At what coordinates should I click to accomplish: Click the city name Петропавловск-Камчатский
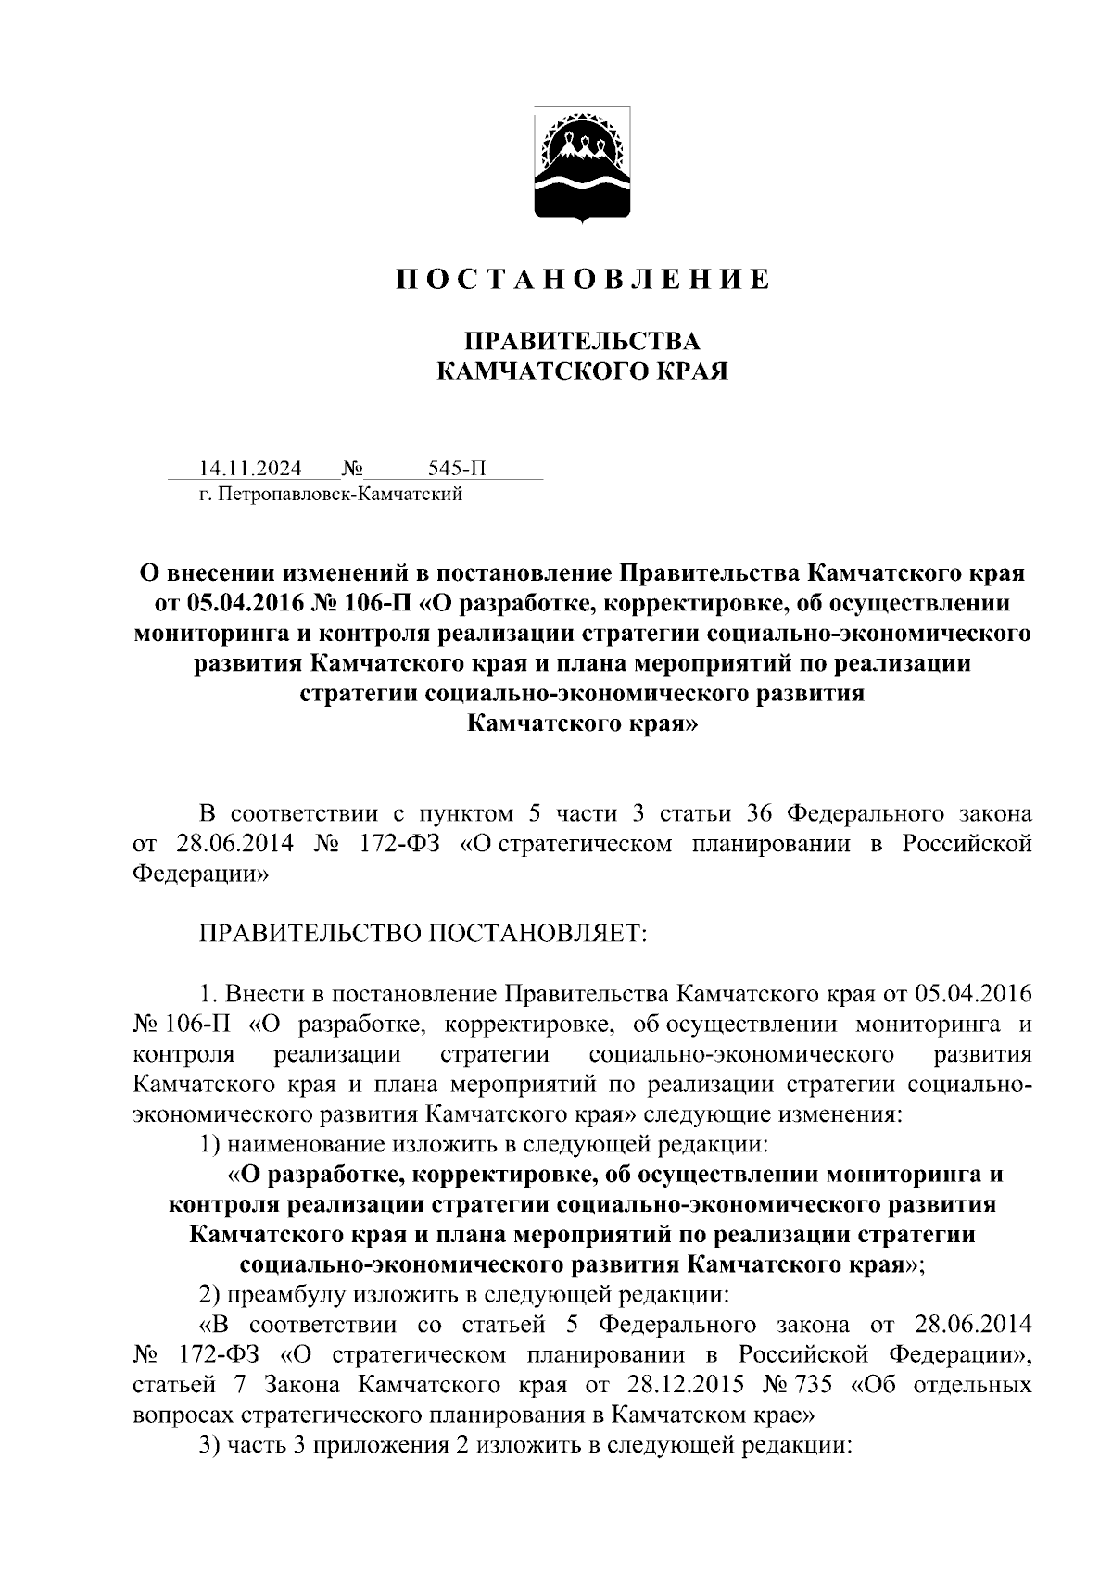[x=339, y=495]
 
